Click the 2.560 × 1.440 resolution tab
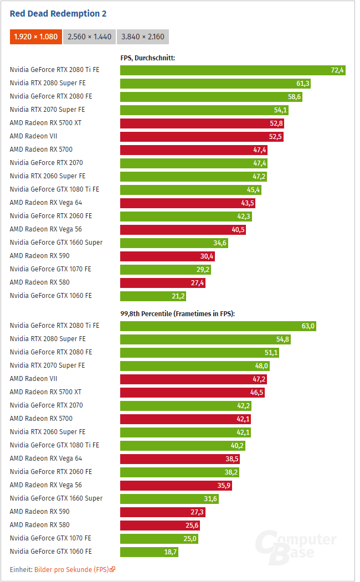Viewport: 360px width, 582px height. (89, 37)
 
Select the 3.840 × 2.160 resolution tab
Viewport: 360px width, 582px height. (142, 37)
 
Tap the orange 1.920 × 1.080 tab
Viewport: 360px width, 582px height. (36, 37)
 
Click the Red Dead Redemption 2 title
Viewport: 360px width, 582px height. (58, 13)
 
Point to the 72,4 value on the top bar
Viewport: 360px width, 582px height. (337, 70)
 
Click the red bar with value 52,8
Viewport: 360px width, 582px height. (203, 123)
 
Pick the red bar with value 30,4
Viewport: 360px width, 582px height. (167, 256)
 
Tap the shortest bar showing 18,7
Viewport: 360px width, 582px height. (150, 552)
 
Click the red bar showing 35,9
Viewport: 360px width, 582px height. (176, 486)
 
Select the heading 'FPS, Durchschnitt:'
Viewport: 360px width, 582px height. (148, 58)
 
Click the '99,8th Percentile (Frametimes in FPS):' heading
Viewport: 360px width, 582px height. (178, 313)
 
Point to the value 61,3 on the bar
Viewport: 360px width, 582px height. (302, 84)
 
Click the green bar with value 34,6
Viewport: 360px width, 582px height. (174, 243)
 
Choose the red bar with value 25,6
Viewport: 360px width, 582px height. (160, 526)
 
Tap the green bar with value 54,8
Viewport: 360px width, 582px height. (205, 339)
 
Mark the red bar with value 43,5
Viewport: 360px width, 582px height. (188, 203)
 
